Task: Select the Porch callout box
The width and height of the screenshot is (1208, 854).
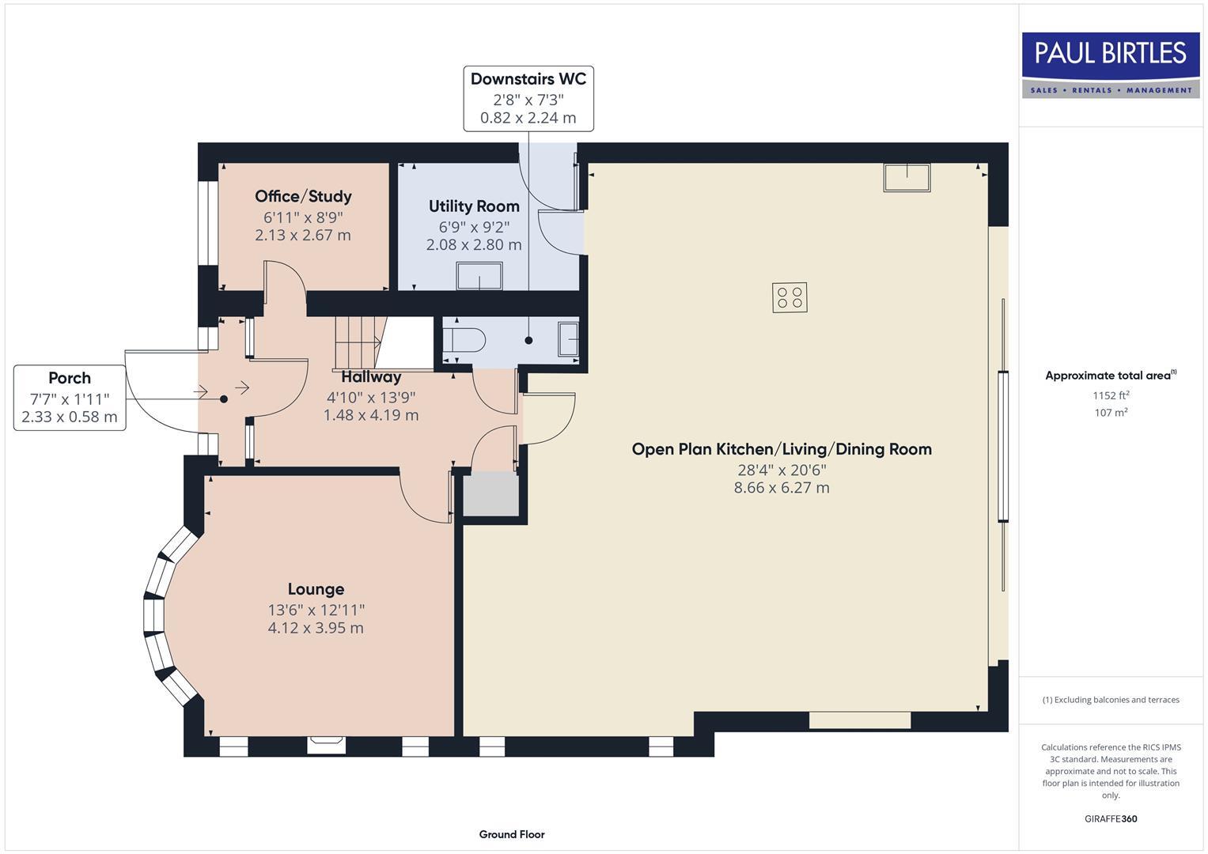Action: click(x=70, y=398)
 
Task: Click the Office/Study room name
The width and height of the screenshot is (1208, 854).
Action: click(x=303, y=196)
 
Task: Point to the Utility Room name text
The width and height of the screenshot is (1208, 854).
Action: click(x=474, y=206)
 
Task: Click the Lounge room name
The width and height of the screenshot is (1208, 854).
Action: click(x=316, y=589)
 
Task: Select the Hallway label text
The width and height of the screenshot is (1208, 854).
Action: click(x=371, y=377)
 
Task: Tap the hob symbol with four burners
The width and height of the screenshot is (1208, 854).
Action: click(x=790, y=298)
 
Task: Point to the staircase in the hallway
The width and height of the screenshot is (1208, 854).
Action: click(x=358, y=341)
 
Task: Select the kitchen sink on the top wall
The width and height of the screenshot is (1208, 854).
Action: click(x=907, y=177)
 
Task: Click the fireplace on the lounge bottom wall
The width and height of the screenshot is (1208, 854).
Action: click(x=326, y=742)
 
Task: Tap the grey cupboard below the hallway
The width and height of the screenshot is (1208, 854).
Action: click(x=490, y=494)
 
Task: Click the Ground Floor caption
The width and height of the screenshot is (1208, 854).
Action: click(x=512, y=834)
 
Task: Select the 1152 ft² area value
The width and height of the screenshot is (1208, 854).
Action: click(x=1111, y=395)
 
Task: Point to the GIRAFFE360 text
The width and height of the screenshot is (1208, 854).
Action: click(x=1111, y=818)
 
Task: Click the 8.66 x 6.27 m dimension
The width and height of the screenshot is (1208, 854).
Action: click(x=782, y=488)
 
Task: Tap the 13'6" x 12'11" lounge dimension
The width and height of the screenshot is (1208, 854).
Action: click(x=316, y=610)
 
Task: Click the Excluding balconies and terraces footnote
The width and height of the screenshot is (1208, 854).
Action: click(x=1111, y=700)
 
